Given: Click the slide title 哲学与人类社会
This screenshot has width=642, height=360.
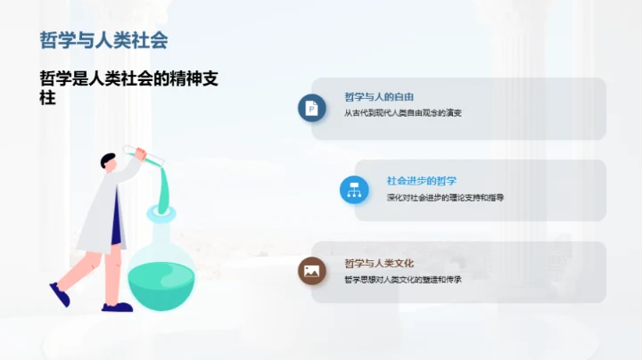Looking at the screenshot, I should coord(103,40).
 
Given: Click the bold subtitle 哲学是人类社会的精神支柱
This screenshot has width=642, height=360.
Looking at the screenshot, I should coord(129,88).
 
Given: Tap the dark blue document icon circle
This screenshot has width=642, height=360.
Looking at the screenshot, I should coord(311,109).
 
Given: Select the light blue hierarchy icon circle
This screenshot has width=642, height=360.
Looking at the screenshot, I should coord(354,189).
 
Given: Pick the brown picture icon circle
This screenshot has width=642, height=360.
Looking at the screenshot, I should coord(311,271).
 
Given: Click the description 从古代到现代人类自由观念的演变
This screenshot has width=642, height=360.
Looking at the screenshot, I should coord(403,113).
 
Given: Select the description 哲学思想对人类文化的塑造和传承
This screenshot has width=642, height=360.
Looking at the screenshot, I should coord(403,279).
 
